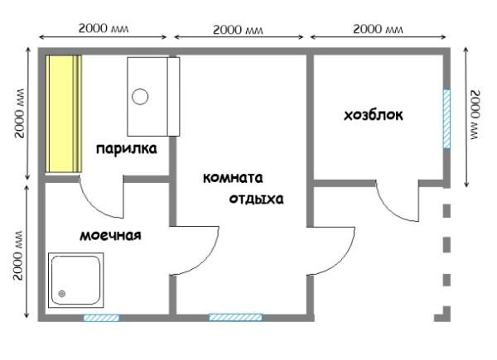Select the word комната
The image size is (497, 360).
234,178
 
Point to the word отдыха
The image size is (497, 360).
257,199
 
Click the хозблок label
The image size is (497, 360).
374,115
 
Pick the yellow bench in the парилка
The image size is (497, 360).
63,114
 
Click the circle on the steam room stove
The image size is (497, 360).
141,96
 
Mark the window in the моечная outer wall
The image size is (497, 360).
100,317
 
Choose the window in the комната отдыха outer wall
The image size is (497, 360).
235,317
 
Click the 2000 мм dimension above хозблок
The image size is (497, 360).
378,28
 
